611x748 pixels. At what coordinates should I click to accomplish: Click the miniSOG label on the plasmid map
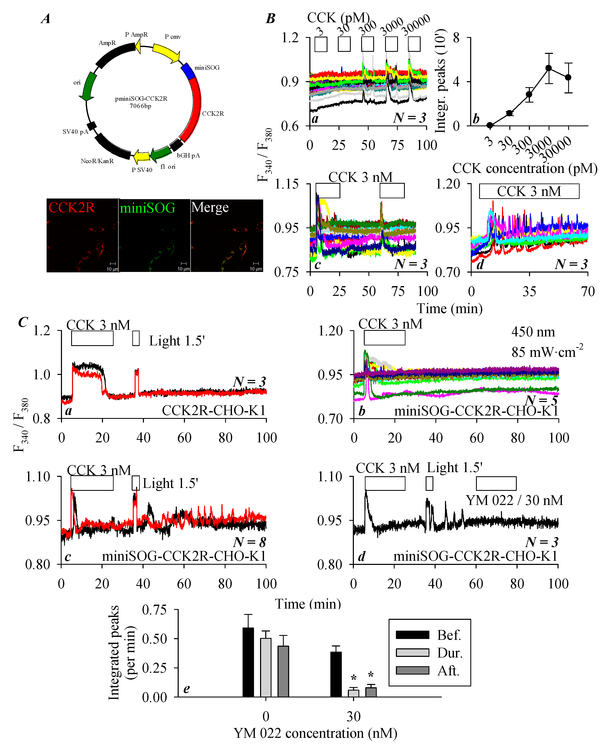pyautogui.click(x=207, y=68)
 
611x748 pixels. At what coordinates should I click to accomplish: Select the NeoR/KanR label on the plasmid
pyautogui.click(x=97, y=161)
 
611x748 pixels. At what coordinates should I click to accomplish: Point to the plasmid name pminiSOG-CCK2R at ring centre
pyautogui.click(x=141, y=99)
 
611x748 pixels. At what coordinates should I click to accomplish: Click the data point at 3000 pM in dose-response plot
pyautogui.click(x=548, y=68)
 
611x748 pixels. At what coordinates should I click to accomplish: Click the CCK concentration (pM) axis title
pyautogui.click(x=524, y=169)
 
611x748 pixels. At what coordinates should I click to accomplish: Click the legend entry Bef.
pyautogui.click(x=449, y=635)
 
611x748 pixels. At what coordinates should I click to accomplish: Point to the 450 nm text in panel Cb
pyautogui.click(x=533, y=332)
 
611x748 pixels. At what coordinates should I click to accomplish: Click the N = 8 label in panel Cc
pyautogui.click(x=250, y=542)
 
